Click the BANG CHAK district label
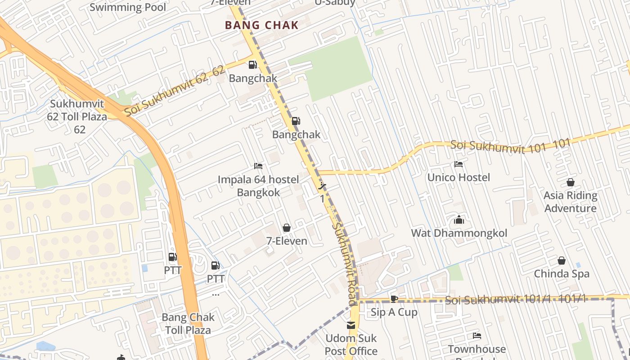[262, 25]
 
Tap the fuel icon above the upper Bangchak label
[253, 65]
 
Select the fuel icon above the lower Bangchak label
[296, 121]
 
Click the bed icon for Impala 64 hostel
[258, 166]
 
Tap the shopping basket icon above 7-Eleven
[287, 228]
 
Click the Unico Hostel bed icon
[459, 164]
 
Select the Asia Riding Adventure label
[570, 202]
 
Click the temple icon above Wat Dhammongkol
[459, 220]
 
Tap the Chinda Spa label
[562, 274]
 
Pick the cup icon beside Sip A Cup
[394, 299]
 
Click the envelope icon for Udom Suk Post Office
[351, 325]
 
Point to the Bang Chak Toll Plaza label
[188, 324]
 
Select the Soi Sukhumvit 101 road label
[510, 145]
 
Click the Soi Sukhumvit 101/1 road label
[515, 299]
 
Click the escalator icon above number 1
[322, 185]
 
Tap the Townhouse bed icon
[477, 336]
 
